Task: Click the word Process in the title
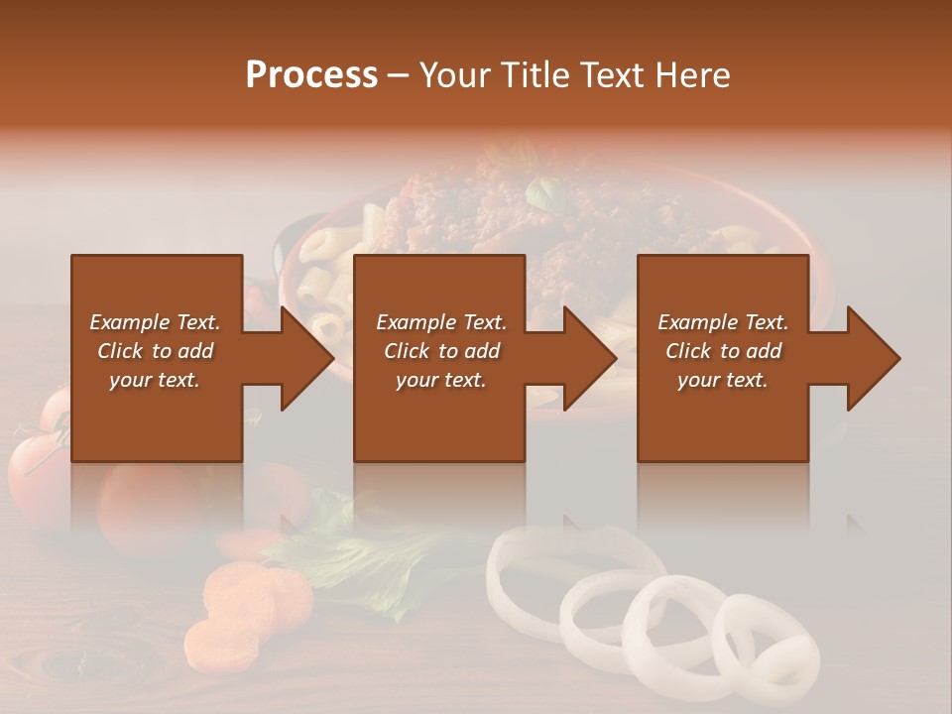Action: click(x=311, y=74)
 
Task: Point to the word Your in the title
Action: click(x=456, y=74)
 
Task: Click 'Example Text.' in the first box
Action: click(x=155, y=322)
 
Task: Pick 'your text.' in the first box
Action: click(x=155, y=380)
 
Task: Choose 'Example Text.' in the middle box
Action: click(x=441, y=322)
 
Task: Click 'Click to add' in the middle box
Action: click(x=441, y=351)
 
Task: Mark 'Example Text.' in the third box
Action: click(x=723, y=322)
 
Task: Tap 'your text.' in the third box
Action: click(x=723, y=380)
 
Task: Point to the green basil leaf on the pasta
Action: click(x=543, y=193)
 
